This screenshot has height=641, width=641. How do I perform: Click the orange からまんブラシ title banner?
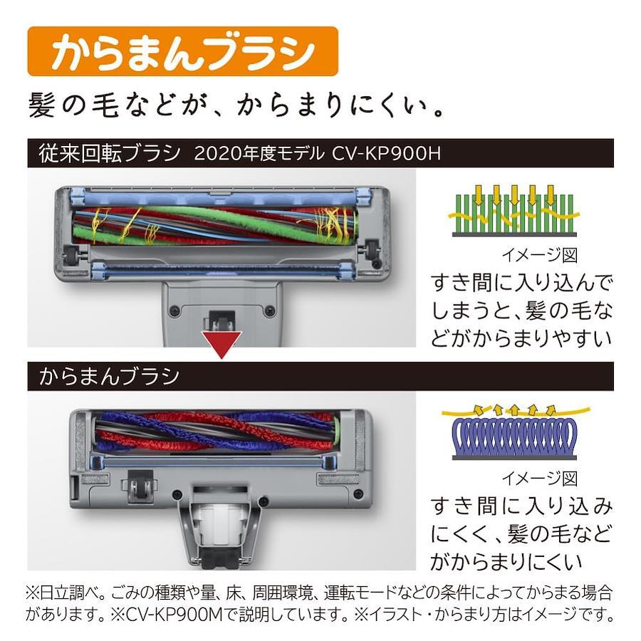[x=182, y=51]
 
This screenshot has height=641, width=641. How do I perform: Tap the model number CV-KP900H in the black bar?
[x=386, y=154]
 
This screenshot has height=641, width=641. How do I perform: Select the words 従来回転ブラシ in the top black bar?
[x=110, y=154]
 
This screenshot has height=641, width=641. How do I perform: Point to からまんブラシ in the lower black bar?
[x=110, y=376]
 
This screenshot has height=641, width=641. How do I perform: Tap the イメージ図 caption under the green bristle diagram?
[x=540, y=255]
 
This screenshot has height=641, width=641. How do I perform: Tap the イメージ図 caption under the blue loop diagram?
[x=540, y=479]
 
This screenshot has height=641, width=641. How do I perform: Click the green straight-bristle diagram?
[x=514, y=211]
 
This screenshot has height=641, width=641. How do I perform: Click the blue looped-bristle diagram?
[x=515, y=432]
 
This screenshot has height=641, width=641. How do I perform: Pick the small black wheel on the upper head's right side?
[x=372, y=248]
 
